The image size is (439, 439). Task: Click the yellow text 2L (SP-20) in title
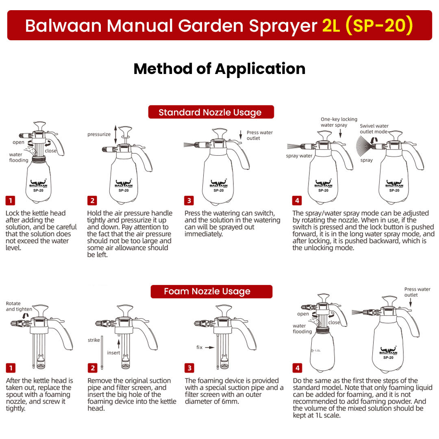[367, 25]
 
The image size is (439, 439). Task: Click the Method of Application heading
[219, 69]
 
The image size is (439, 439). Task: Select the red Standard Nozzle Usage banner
[210, 112]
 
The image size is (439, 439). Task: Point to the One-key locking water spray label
[339, 122]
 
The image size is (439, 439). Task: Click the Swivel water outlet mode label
[374, 129]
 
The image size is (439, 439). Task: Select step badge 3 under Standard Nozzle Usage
[189, 200]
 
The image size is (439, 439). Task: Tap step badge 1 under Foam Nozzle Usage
[10, 368]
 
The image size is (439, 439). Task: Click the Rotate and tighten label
[13, 306]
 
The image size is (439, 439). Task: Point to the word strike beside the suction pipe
[94, 340]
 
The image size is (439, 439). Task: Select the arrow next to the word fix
[209, 348]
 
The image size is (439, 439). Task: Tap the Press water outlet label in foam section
[417, 292]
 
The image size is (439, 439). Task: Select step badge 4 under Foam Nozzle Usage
[297, 368]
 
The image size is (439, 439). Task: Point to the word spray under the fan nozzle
[366, 160]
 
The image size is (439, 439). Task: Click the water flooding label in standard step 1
[19, 157]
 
